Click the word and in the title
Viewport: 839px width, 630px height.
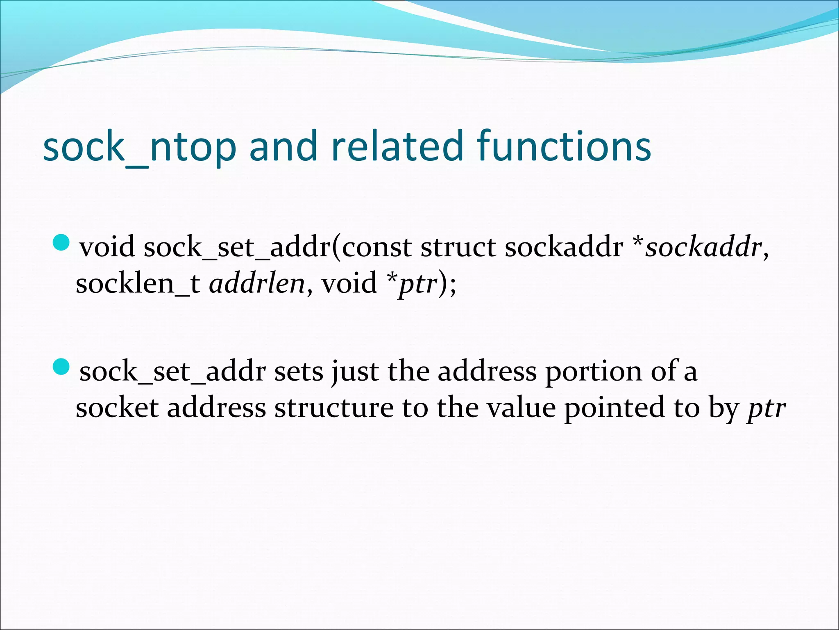pos(283,146)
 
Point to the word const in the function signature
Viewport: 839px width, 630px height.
pos(377,247)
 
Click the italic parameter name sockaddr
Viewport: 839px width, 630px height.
pos(703,247)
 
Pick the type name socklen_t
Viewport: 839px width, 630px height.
pos(138,284)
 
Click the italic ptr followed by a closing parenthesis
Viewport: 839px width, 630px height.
pos(417,284)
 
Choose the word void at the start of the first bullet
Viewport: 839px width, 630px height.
pos(107,247)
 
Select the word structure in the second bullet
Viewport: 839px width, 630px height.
pos(334,409)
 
